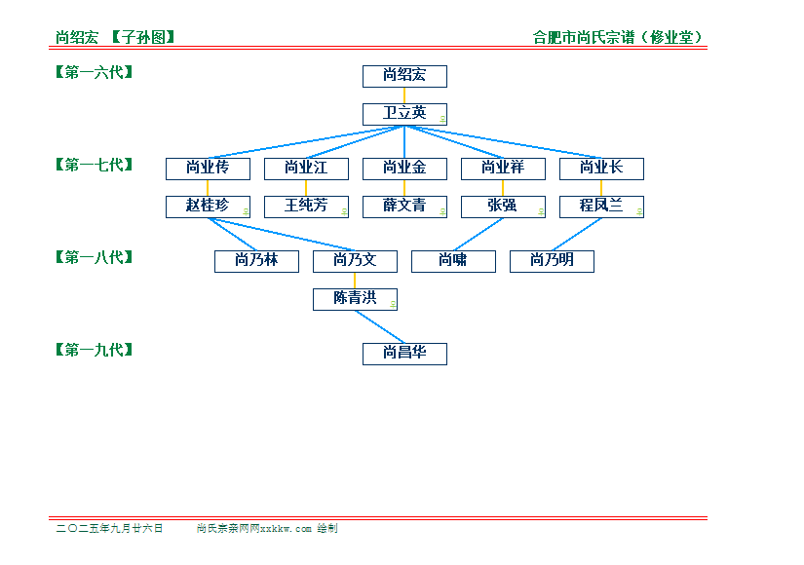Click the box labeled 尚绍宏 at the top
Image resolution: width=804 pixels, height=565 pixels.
coord(404,76)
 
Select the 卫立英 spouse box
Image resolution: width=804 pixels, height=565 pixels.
coord(404,114)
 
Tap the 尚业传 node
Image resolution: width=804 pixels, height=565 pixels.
coord(208,169)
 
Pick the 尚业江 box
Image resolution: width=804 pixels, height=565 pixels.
coord(306,169)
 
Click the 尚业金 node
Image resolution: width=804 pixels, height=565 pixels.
coord(404,169)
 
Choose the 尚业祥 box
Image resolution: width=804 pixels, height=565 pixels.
coord(503,169)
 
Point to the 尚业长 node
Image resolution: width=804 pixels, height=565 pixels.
coord(601,169)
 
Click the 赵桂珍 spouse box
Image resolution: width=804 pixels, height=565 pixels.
coord(208,207)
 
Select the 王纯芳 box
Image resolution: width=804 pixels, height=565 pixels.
coord(306,207)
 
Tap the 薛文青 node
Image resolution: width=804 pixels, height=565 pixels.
coord(404,207)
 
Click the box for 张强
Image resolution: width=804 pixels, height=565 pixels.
coord(503,207)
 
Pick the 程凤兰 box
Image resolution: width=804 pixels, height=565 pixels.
coord(601,207)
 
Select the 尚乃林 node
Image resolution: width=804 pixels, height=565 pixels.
coord(256,261)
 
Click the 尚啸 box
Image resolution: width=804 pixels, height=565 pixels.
coord(453,261)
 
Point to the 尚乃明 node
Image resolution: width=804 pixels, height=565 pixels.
coord(552,261)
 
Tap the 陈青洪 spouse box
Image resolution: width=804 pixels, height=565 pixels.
coord(355,299)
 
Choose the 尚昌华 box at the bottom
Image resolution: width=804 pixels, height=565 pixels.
coord(404,354)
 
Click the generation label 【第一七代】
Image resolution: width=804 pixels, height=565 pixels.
coord(94,165)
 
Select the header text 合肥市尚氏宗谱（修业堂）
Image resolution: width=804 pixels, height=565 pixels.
coord(617,37)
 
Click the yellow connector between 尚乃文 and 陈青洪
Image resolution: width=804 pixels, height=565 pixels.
coord(355,281)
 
